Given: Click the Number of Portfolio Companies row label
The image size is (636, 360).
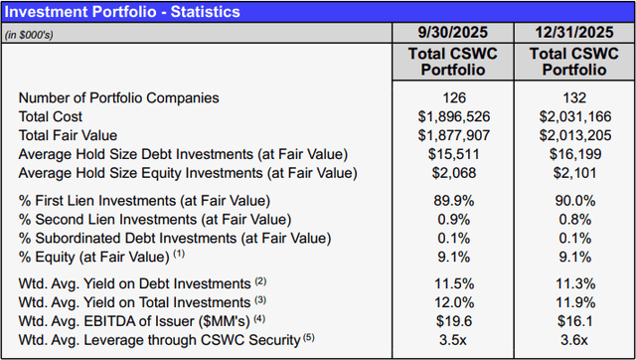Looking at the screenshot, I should point(118,98).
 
